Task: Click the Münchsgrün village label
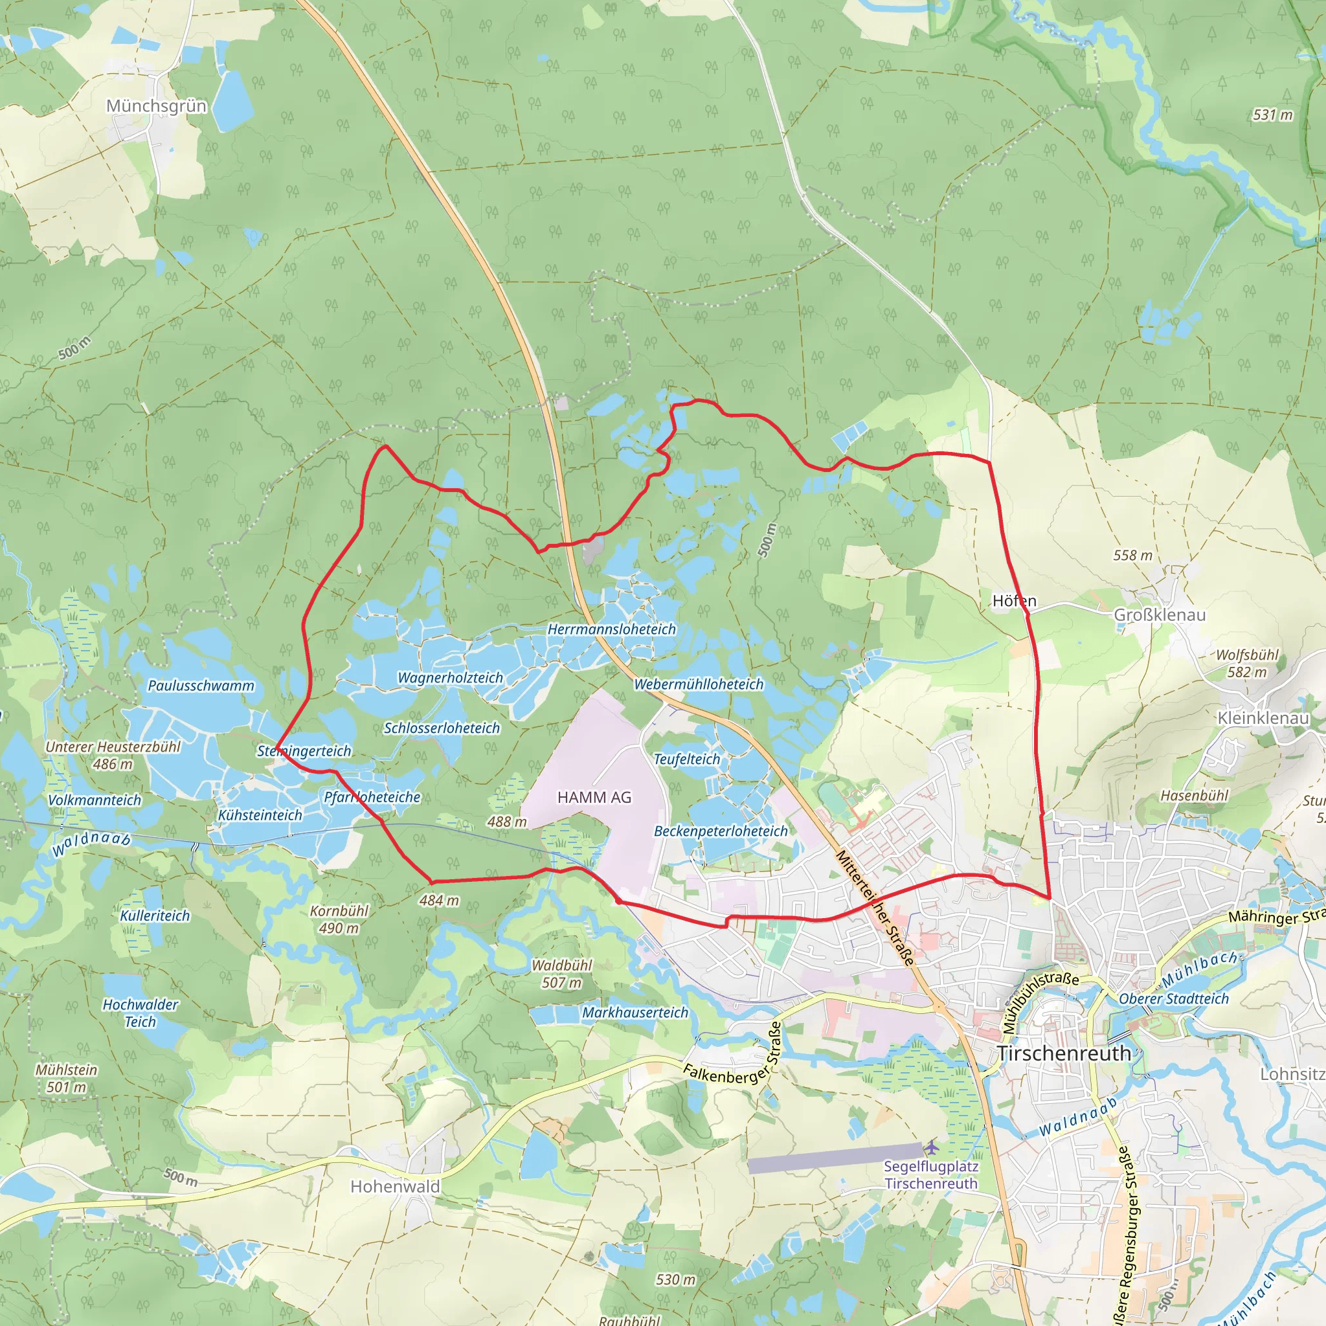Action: (x=156, y=106)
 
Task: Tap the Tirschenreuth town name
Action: (x=1063, y=1053)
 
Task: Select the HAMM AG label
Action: (x=594, y=797)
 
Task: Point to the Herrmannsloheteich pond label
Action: (x=611, y=629)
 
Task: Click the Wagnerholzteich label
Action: (x=450, y=677)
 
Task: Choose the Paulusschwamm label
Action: (x=201, y=686)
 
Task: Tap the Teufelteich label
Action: (x=686, y=759)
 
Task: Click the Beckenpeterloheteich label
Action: (x=721, y=831)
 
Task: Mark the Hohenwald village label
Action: (x=395, y=1186)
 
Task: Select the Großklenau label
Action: (x=1159, y=614)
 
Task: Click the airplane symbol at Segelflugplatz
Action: (x=930, y=1147)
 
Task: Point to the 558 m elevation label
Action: (x=1132, y=555)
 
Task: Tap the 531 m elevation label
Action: (x=1272, y=115)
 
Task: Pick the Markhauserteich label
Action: (x=635, y=1013)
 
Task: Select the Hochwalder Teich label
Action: (x=140, y=1013)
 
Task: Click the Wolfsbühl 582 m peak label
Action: (x=1246, y=663)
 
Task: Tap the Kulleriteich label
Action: (x=155, y=916)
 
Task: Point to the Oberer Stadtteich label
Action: (x=1174, y=998)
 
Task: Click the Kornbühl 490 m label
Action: (x=339, y=919)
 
